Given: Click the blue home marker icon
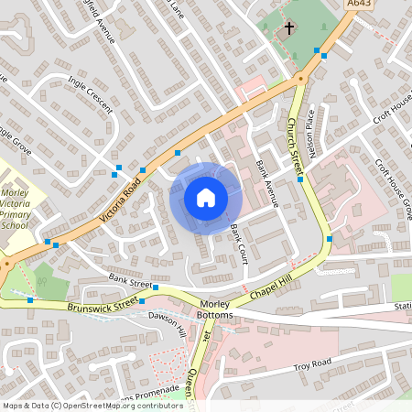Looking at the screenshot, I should (x=206, y=197).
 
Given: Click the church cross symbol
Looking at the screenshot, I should (x=289, y=28).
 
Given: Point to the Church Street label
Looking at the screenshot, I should (x=296, y=145).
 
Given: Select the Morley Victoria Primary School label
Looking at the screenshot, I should (x=16, y=210).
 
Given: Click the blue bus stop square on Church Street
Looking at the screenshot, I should (x=300, y=179).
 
